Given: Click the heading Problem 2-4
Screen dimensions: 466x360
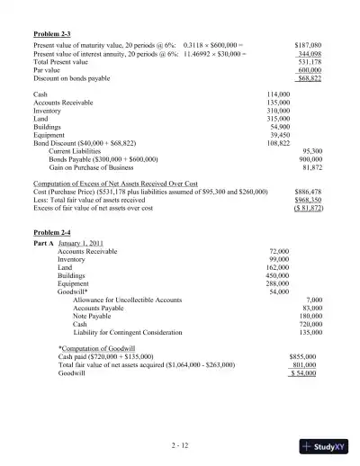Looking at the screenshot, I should [x=51, y=232].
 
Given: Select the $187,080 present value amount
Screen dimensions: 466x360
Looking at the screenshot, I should [x=308, y=44].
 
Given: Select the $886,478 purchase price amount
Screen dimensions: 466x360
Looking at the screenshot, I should [x=308, y=192].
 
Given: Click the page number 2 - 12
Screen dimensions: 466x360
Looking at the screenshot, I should [x=179, y=445].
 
